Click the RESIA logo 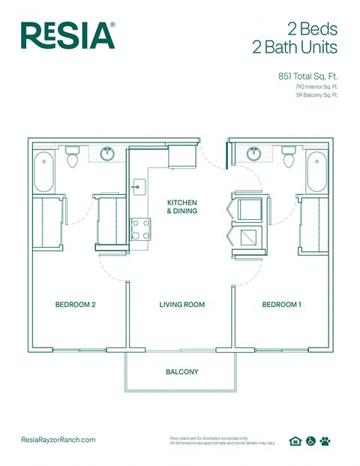pyautogui.click(x=67, y=35)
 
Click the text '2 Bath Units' pyautogui.click(x=295, y=49)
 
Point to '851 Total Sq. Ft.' pyautogui.click(x=307, y=76)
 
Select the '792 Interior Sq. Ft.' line pyautogui.click(x=316, y=87)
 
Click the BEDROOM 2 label pyautogui.click(x=75, y=305)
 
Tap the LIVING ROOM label pyautogui.click(x=181, y=305)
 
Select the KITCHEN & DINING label pyautogui.click(x=181, y=207)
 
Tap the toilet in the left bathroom pyautogui.click(x=73, y=157)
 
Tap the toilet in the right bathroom pyautogui.click(x=288, y=157)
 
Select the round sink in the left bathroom pyautogui.click(x=107, y=155)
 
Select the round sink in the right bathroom pyautogui.click(x=253, y=155)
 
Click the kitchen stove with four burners pyautogui.click(x=140, y=228)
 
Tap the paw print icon pyautogui.click(x=325, y=441)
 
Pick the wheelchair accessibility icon pyautogui.click(x=310, y=441)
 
